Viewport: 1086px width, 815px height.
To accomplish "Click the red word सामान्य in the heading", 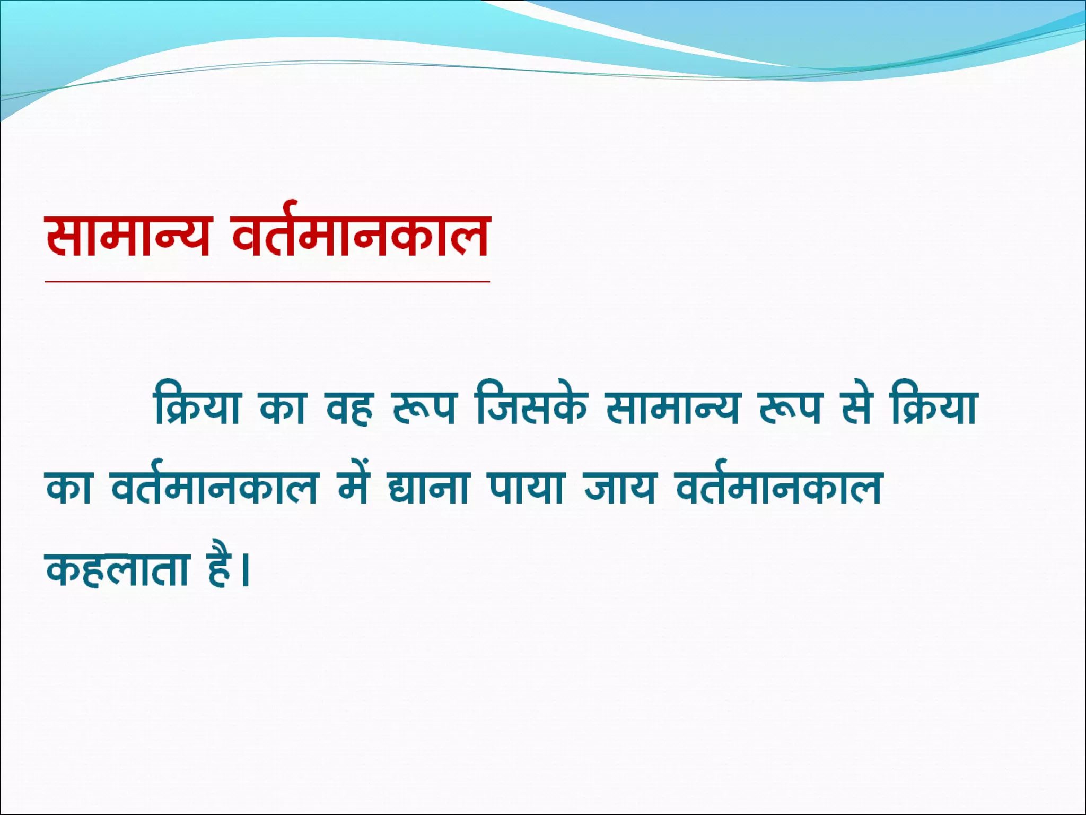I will (x=127, y=237).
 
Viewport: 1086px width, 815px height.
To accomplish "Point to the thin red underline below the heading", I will (x=267, y=282).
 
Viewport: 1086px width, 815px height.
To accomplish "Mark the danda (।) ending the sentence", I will (x=244, y=570).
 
